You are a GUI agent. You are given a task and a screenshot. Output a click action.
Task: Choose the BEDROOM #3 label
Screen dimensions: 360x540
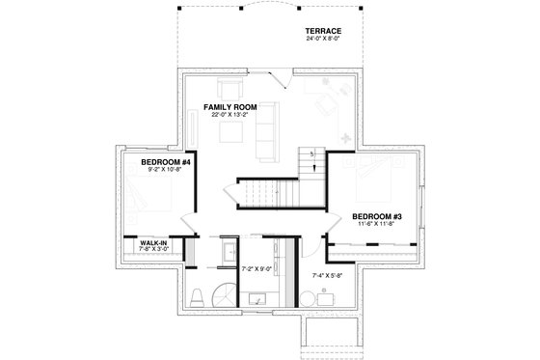click(377, 215)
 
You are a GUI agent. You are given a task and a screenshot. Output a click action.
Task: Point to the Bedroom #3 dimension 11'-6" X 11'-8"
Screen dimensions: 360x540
click(377, 224)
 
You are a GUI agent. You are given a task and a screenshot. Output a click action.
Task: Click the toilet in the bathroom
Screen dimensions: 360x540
click(196, 294)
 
